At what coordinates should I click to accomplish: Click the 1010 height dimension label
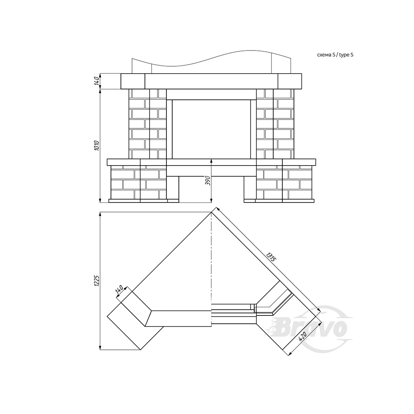[x=96, y=145]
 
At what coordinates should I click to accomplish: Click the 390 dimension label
[x=208, y=181]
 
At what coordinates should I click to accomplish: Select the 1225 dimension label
[x=96, y=281]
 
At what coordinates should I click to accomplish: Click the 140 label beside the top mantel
[x=97, y=80]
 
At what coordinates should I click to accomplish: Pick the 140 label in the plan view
[x=119, y=290]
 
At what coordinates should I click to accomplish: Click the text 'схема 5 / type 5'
[x=335, y=55]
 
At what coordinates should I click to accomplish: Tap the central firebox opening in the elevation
[x=211, y=129]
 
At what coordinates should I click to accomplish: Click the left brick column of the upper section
[x=148, y=124]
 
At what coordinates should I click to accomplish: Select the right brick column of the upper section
[x=275, y=124]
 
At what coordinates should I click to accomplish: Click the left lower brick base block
[x=139, y=182]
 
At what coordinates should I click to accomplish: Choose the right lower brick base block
[x=284, y=182]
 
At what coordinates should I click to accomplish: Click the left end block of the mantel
[x=133, y=81]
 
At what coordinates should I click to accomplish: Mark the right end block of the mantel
[x=290, y=81]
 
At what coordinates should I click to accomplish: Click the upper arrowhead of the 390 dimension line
[x=212, y=162]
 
